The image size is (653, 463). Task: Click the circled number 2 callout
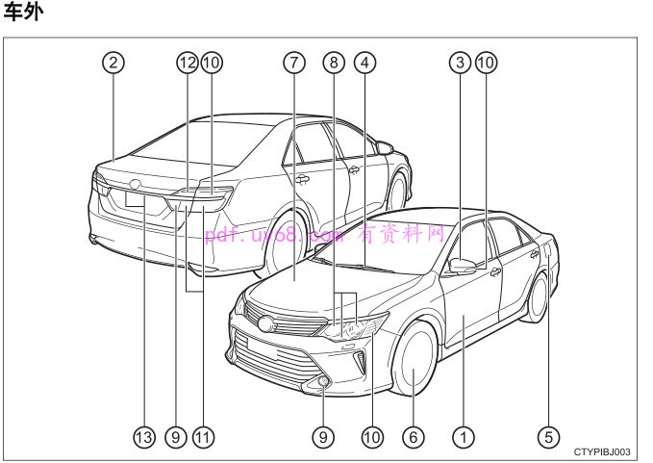(113, 63)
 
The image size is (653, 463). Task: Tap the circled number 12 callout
(187, 63)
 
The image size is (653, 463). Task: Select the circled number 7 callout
(294, 63)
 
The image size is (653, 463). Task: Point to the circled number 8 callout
(334, 63)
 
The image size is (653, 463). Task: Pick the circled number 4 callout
(364, 63)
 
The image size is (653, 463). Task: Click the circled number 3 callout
(461, 63)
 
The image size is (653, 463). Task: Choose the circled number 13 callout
(144, 437)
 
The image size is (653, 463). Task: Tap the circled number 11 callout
(203, 437)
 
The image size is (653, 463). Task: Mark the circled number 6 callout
(414, 437)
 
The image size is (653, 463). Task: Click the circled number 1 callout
(464, 437)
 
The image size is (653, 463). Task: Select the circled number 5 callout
(548, 437)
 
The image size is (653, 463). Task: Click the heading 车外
(23, 12)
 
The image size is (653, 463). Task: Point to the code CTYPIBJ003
(602, 452)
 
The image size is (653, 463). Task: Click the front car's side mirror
(463, 266)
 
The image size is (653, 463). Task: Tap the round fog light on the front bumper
(322, 381)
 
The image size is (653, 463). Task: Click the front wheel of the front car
(414, 359)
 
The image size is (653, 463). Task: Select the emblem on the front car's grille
(264, 323)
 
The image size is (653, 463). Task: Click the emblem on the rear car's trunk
(135, 184)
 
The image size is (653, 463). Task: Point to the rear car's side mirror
(384, 147)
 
